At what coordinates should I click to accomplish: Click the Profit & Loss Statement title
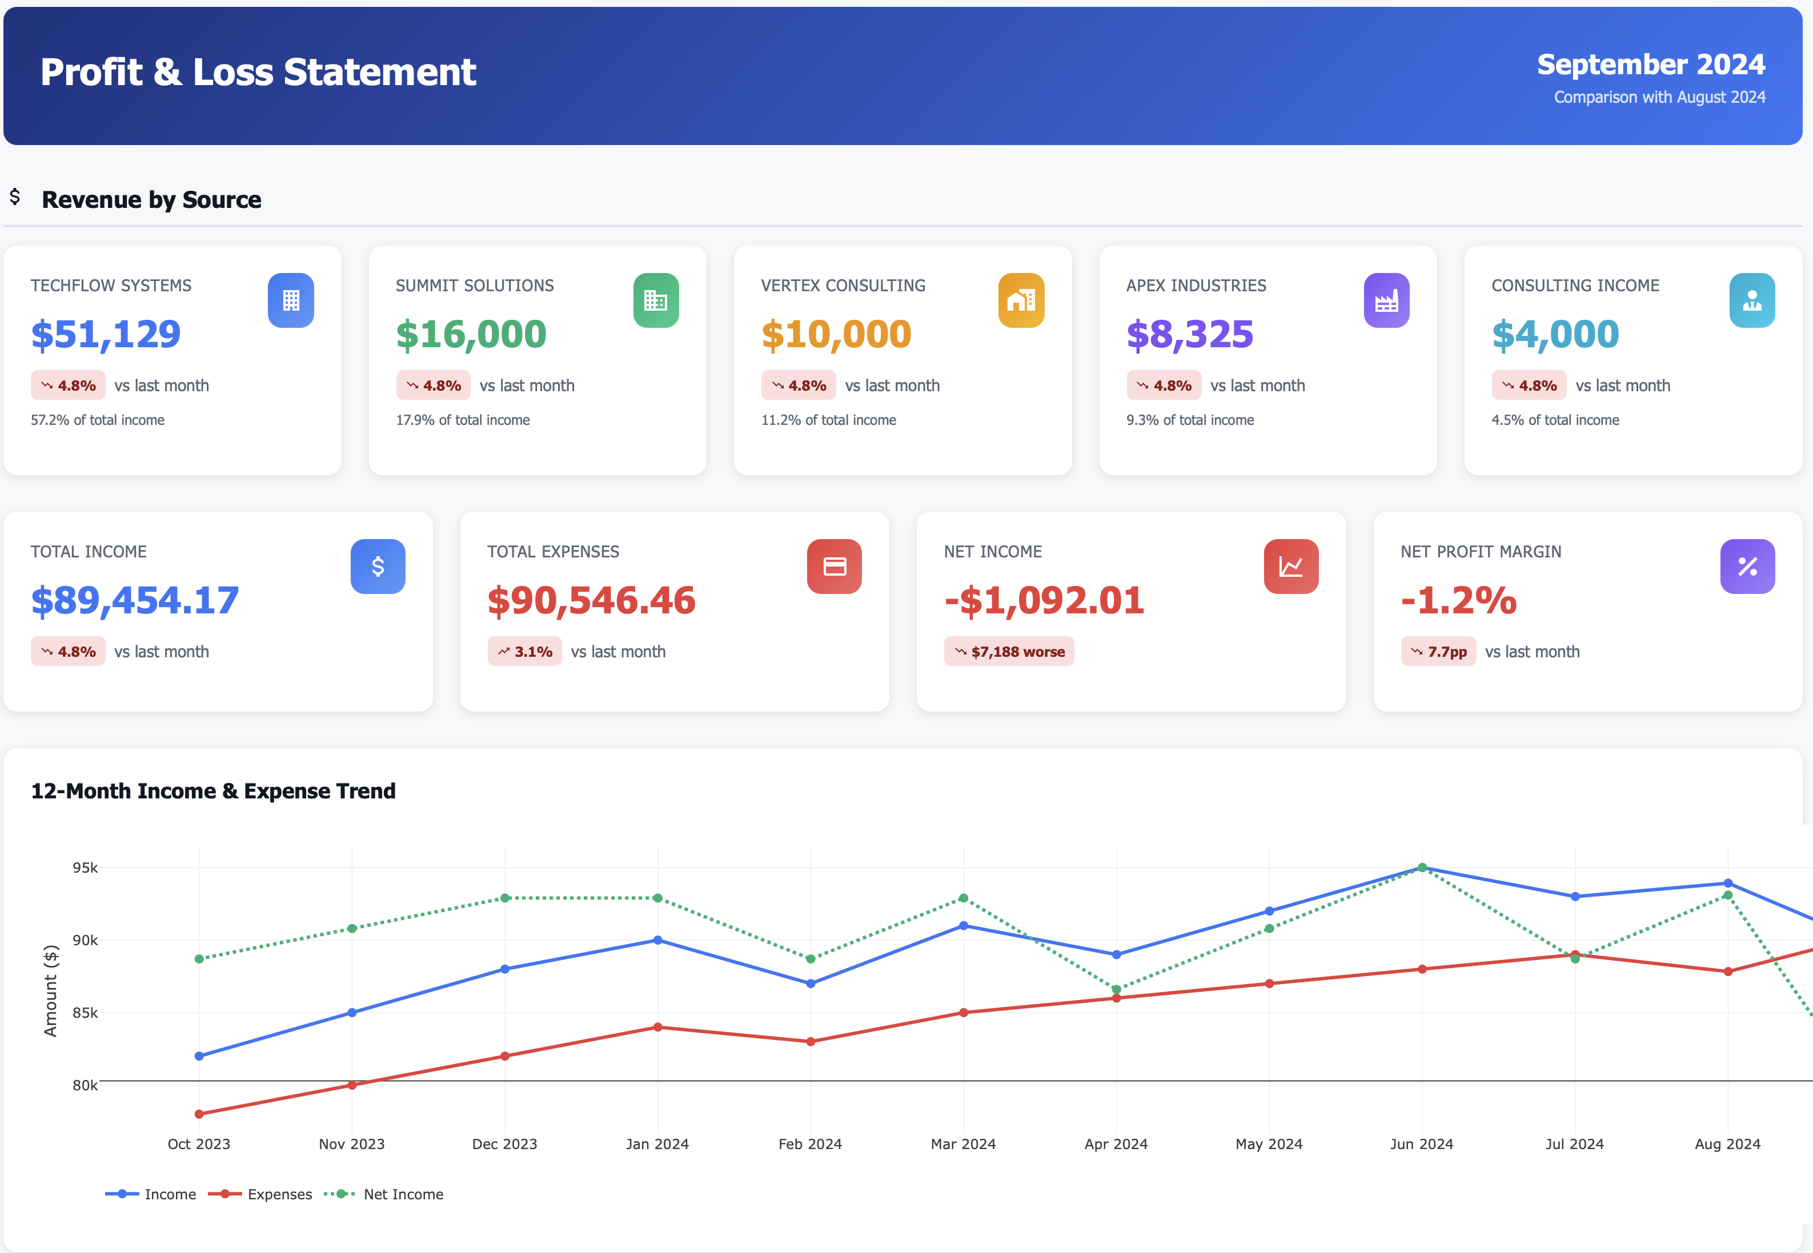[x=258, y=72]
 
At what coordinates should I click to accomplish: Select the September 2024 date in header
[x=1650, y=65]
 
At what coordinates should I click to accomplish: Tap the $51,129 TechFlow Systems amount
[x=106, y=335]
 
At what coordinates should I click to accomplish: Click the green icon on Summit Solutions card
[x=656, y=301]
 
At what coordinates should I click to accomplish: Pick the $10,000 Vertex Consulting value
[x=836, y=335]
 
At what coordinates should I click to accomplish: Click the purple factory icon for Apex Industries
[x=1386, y=301]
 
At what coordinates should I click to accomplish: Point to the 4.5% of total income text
[x=1555, y=420]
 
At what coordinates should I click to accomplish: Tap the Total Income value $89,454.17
[x=134, y=601]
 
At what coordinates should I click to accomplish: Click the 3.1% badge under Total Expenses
[x=524, y=652]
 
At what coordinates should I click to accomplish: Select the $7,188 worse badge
[x=1008, y=652]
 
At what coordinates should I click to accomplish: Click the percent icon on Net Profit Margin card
[x=1747, y=567]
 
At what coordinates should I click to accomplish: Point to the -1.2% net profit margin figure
[x=1458, y=601]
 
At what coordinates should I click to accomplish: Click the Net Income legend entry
[x=403, y=1194]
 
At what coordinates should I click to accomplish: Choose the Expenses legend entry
[x=279, y=1194]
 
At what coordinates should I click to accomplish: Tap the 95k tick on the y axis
[x=85, y=868]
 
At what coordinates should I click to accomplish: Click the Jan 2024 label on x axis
[x=657, y=1144]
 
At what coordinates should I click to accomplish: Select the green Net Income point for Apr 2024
[x=1116, y=989]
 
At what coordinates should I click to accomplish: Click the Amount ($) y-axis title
[x=51, y=991]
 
